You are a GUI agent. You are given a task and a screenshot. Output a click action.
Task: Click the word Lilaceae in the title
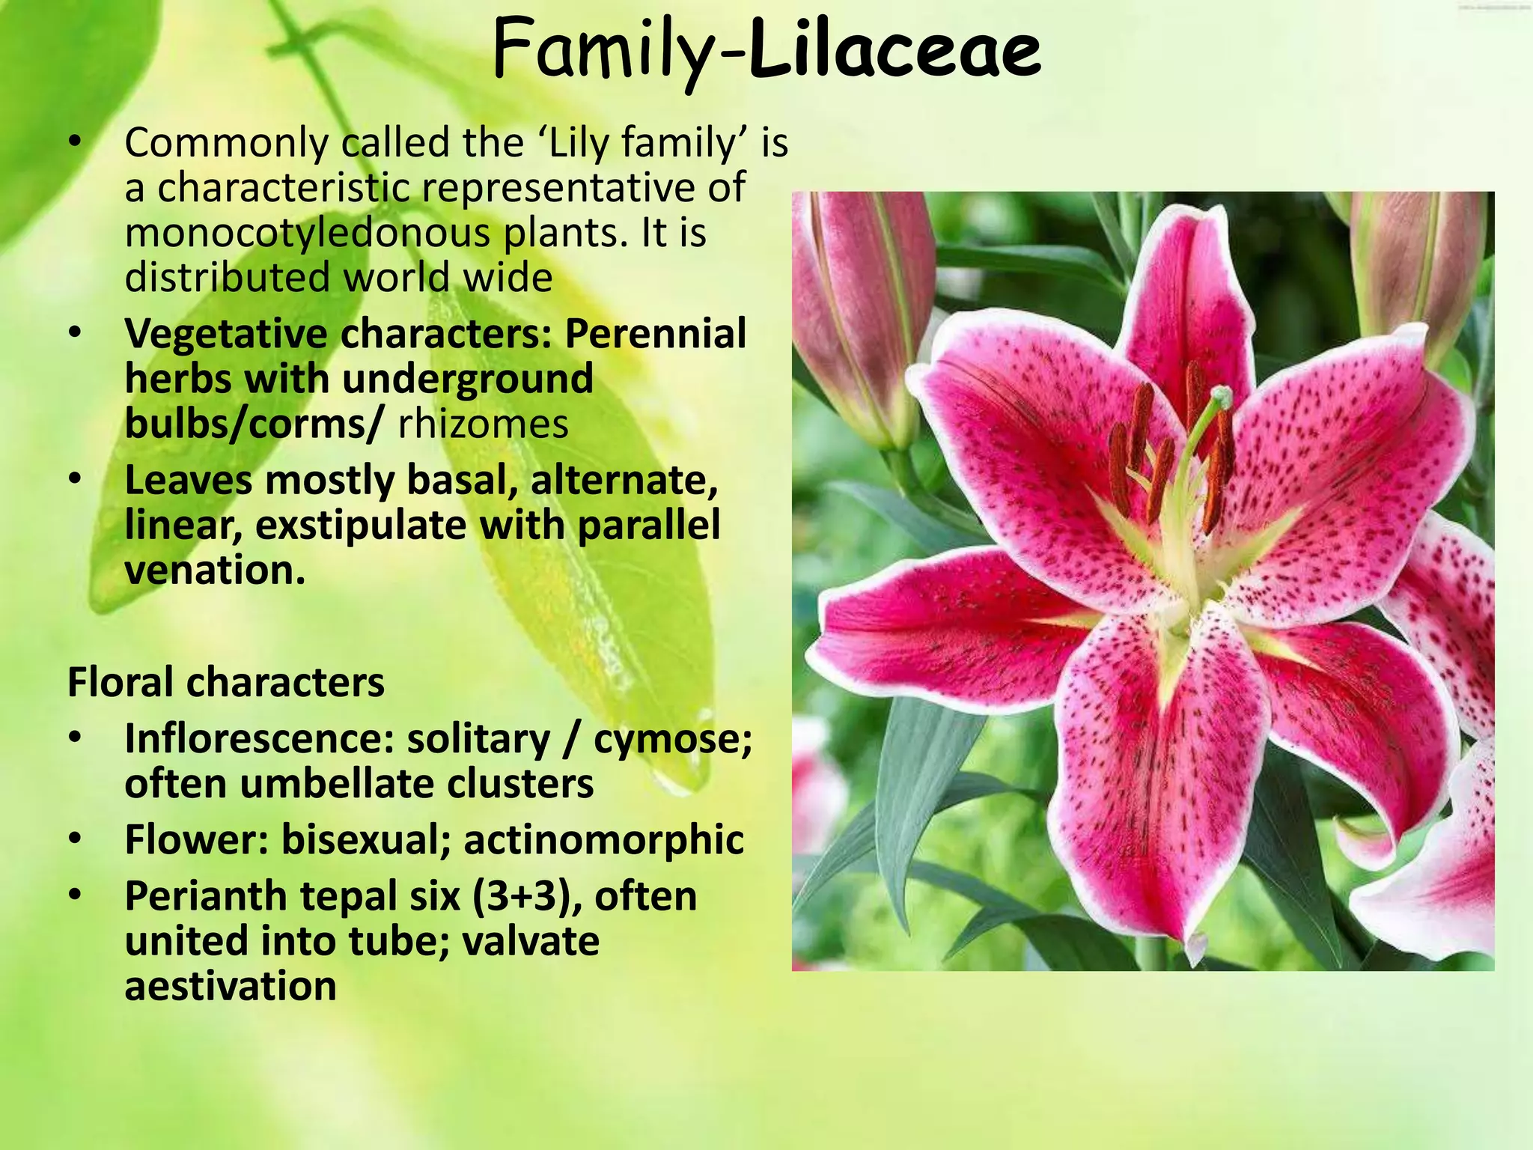(x=894, y=51)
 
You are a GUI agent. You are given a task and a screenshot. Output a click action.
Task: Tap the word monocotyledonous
(x=306, y=234)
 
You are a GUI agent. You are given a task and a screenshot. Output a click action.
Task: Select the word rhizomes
(x=483, y=424)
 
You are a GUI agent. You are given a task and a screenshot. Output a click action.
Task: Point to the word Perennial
(x=655, y=333)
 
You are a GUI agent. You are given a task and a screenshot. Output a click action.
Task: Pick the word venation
(x=214, y=570)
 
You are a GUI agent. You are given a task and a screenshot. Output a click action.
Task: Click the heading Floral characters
(x=225, y=682)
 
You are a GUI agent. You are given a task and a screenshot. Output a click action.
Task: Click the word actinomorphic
(x=603, y=839)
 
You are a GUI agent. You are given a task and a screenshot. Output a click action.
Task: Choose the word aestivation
(x=230, y=986)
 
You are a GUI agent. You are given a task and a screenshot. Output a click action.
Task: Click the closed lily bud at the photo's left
(x=861, y=314)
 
